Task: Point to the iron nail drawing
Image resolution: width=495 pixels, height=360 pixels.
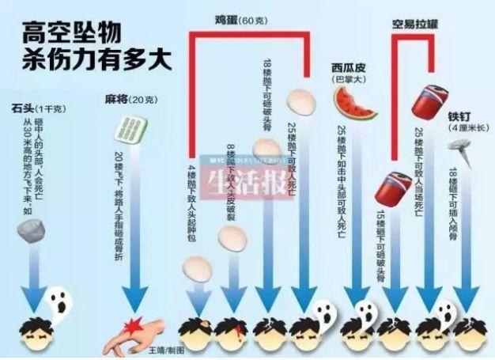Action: pyautogui.click(x=457, y=146)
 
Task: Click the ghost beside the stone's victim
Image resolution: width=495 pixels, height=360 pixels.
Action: pyautogui.click(x=57, y=301)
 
